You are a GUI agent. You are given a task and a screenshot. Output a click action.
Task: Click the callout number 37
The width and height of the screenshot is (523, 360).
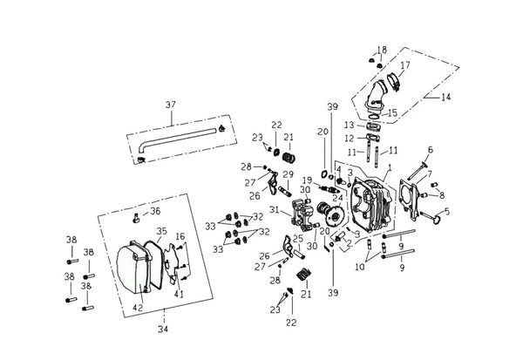(x=171, y=105)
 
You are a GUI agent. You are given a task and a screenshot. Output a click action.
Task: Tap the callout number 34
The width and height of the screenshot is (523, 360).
(x=163, y=329)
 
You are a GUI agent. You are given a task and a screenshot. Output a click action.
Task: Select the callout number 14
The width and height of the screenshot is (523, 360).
(x=445, y=97)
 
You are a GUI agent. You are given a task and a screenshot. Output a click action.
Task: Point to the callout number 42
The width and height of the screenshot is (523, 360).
(x=138, y=308)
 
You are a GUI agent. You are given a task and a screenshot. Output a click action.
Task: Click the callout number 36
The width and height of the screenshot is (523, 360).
(x=155, y=211)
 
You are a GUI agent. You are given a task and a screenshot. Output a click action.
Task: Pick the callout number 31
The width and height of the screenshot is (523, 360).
(x=274, y=210)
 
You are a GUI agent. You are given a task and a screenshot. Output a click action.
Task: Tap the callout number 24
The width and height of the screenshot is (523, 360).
(x=337, y=199)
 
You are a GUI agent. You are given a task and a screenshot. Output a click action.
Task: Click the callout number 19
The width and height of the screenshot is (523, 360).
(x=307, y=180)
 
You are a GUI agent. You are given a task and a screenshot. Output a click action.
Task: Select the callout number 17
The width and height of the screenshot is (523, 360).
(x=405, y=65)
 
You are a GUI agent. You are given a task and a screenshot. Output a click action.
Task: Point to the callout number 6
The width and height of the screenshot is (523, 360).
(x=431, y=150)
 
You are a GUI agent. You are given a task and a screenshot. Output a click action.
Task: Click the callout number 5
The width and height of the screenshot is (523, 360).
(x=447, y=211)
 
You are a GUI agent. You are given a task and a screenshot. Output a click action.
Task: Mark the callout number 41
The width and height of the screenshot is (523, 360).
(x=179, y=295)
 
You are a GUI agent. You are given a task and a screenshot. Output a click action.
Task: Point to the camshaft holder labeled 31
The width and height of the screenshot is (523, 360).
(x=303, y=215)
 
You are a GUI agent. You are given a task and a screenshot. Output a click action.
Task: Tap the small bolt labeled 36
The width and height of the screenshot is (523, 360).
(x=136, y=219)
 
